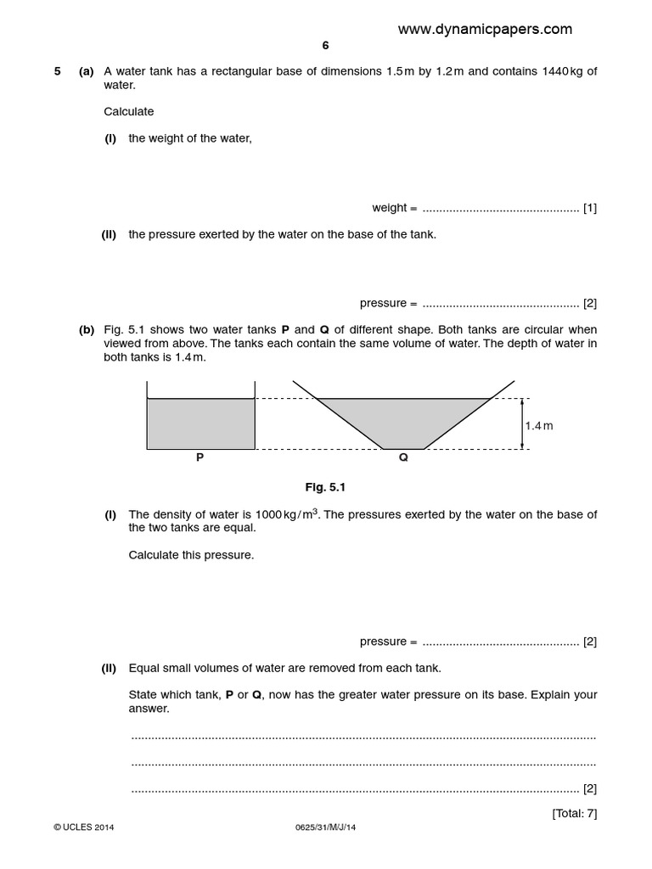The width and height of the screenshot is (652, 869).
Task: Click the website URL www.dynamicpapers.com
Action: (485, 29)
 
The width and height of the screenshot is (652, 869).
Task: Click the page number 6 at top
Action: (325, 46)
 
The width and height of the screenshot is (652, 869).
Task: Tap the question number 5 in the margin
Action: (58, 71)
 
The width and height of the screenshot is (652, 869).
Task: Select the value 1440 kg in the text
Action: (561, 71)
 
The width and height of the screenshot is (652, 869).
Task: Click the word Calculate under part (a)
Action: (129, 111)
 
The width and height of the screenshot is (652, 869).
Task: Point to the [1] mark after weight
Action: (590, 207)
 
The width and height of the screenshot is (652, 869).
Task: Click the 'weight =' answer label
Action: (395, 207)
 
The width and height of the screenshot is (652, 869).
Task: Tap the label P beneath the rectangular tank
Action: (200, 457)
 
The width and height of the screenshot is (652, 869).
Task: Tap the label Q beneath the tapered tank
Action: (403, 457)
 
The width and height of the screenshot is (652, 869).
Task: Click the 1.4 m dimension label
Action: (538, 425)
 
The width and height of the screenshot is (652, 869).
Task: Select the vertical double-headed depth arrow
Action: (522, 423)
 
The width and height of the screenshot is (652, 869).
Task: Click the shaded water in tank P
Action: (200, 423)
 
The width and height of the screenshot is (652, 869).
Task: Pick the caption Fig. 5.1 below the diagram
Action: (325, 487)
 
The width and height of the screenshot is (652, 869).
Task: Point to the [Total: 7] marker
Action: (575, 813)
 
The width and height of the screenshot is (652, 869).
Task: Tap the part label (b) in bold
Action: (87, 329)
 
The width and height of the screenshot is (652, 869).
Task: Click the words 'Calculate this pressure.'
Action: (191, 555)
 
